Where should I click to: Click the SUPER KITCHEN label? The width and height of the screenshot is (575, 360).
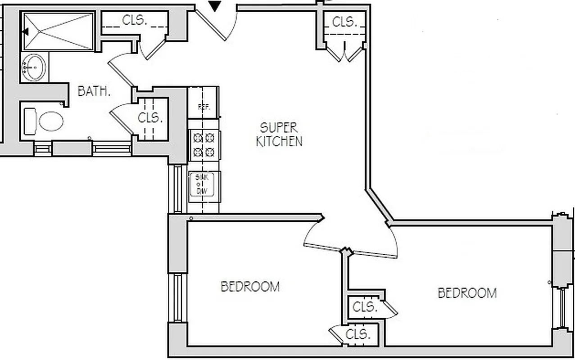pyautogui.click(x=279, y=134)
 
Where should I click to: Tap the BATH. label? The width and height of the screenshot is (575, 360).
pyautogui.click(x=94, y=91)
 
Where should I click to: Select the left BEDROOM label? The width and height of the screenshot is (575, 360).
pyautogui.click(x=250, y=287)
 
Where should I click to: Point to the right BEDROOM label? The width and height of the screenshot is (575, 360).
pyautogui.click(x=467, y=293)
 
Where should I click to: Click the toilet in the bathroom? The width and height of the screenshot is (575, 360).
pyautogui.click(x=45, y=121)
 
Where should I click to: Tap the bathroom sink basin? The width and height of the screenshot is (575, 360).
pyautogui.click(x=34, y=67)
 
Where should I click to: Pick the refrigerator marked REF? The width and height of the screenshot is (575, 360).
pyautogui.click(x=203, y=108)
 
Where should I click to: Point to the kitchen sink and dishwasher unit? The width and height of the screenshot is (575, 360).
pyautogui.click(x=204, y=184)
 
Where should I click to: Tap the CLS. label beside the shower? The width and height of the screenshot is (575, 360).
pyautogui.click(x=135, y=20)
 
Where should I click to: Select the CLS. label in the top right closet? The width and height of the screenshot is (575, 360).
pyautogui.click(x=344, y=21)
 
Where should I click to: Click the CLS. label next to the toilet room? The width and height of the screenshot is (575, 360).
pyautogui.click(x=150, y=118)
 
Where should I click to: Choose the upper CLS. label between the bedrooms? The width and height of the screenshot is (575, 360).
pyautogui.click(x=365, y=307)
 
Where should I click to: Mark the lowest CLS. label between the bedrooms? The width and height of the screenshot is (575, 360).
pyautogui.click(x=358, y=335)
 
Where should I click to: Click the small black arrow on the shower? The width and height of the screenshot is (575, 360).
pyautogui.click(x=25, y=31)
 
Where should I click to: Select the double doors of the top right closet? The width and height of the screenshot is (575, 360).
pyautogui.click(x=345, y=52)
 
